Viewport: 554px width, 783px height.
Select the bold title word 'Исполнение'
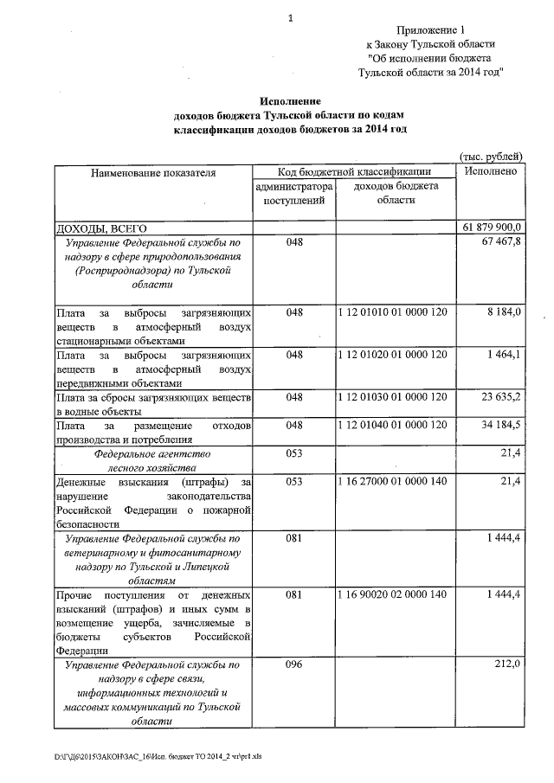point(290,101)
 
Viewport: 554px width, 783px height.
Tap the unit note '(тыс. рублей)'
point(490,157)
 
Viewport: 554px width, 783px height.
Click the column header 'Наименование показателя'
point(152,172)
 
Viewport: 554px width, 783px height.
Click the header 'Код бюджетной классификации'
point(354,171)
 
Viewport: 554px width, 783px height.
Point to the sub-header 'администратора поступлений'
point(293,193)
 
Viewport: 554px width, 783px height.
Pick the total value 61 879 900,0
point(488,227)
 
